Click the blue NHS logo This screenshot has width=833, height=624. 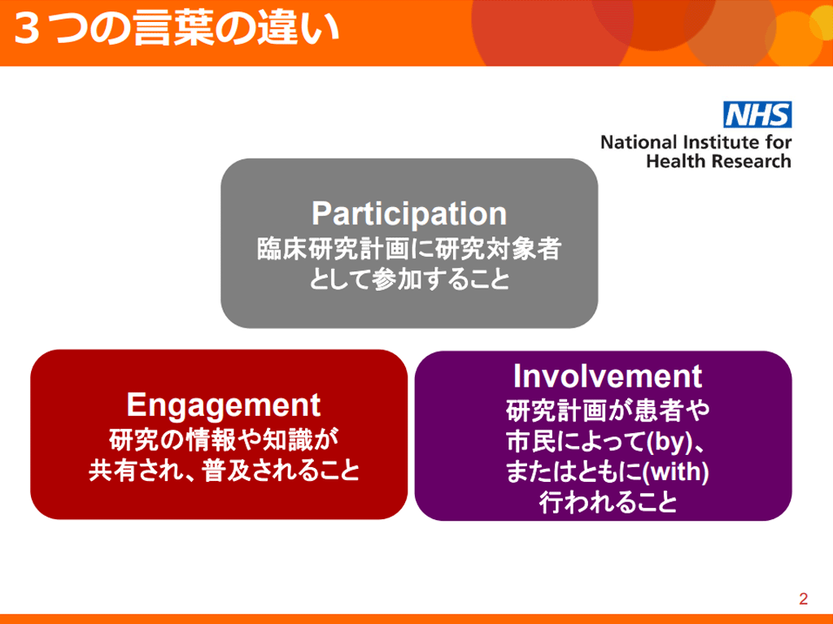click(x=757, y=115)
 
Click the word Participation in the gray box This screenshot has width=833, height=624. click(x=409, y=214)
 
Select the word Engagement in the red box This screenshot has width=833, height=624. click(x=223, y=406)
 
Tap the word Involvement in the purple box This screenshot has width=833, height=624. click(x=607, y=376)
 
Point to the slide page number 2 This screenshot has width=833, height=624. click(x=803, y=599)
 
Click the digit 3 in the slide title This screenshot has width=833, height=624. click(x=28, y=29)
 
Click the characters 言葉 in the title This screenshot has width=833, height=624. click(x=173, y=28)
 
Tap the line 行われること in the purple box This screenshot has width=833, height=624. click(x=608, y=502)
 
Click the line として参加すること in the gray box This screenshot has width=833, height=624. click(x=409, y=279)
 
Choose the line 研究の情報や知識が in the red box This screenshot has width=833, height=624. click(x=223, y=440)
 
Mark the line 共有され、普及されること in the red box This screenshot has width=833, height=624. click(x=224, y=470)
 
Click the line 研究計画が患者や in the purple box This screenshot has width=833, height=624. click(x=607, y=410)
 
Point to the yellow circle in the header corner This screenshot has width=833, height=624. click(x=822, y=21)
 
